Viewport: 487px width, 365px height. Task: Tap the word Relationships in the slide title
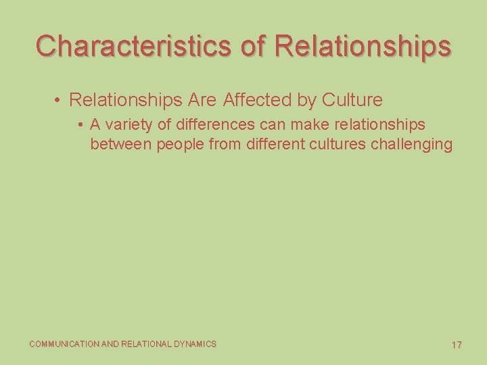[x=364, y=46]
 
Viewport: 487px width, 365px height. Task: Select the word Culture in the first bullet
[x=352, y=100]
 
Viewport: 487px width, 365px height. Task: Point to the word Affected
[x=256, y=100]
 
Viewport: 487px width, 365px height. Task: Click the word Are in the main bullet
[x=202, y=100]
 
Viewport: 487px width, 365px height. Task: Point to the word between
[x=121, y=144]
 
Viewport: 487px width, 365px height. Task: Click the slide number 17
[x=457, y=345]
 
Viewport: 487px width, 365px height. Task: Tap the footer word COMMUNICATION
[x=64, y=344]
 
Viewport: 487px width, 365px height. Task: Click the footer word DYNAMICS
[x=195, y=344]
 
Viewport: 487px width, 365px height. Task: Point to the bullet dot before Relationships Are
[x=59, y=101]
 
